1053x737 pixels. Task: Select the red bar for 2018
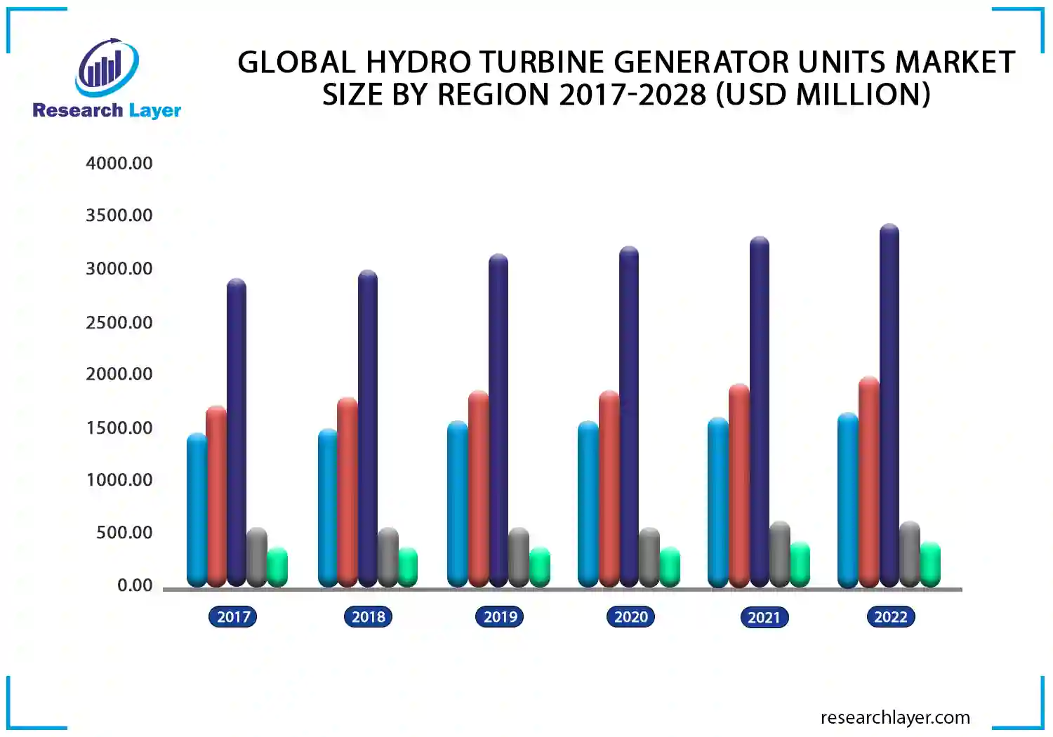[x=347, y=491]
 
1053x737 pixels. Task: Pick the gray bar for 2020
[x=649, y=557]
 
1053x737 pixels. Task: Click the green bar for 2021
[x=800, y=564]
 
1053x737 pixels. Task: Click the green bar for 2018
[x=408, y=567]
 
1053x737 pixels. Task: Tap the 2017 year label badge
[x=233, y=617]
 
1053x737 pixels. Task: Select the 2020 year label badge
[x=630, y=617]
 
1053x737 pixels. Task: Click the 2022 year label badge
[x=890, y=617]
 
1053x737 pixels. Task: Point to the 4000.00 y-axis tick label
[x=119, y=164]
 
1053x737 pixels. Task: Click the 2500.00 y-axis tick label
[x=119, y=323]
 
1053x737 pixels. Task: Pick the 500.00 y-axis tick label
[x=124, y=533]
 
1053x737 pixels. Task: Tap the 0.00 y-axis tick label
[x=135, y=585]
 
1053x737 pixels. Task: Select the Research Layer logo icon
[x=107, y=68]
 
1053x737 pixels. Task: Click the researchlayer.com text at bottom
[x=895, y=717]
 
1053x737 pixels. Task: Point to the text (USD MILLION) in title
[x=822, y=95]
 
